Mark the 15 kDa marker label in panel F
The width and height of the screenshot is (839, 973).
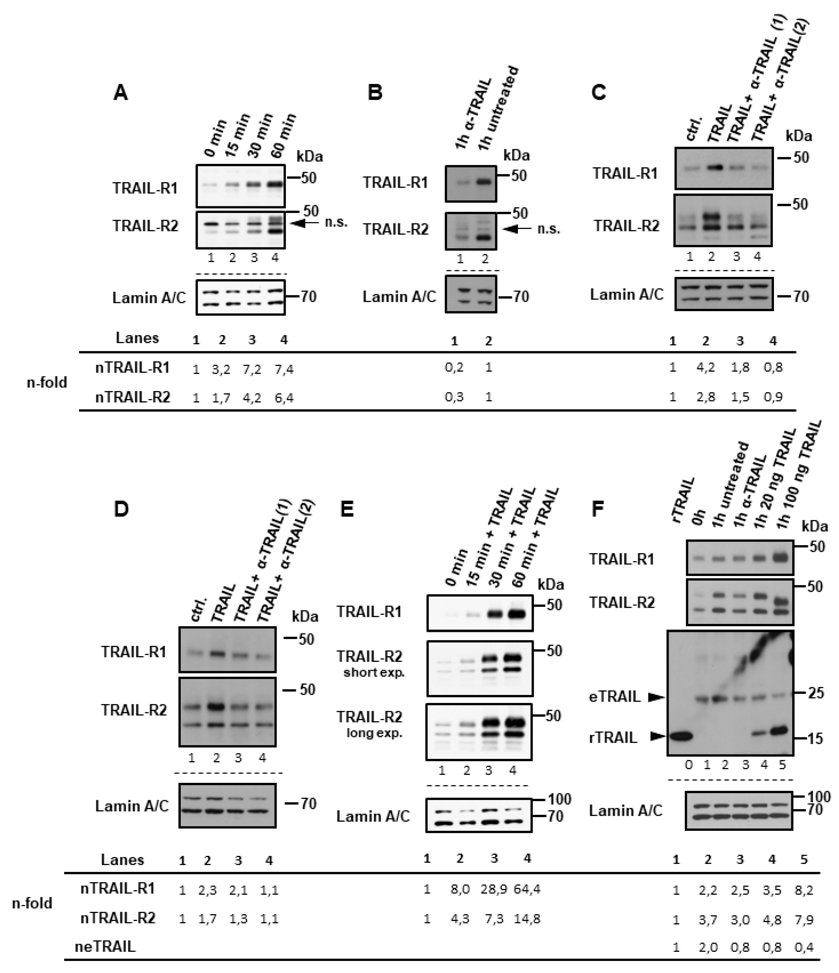[x=815, y=739]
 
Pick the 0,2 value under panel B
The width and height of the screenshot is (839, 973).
[x=454, y=367]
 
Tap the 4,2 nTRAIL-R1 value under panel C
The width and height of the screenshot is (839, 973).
[x=705, y=367]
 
